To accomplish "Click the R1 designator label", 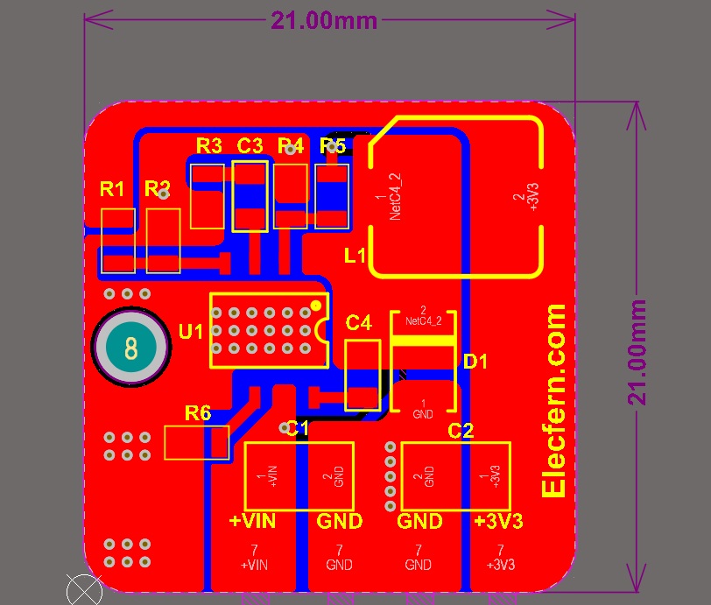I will pos(112,188).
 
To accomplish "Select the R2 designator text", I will pos(158,188).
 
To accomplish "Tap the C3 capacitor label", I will pos(250,145).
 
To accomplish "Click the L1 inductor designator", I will pos(355,256).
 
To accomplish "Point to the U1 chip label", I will pos(190,332).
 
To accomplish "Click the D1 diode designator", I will pos(475,362).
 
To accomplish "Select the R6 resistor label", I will pos(197,412).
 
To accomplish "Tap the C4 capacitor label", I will pos(359,322).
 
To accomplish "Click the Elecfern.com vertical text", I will pos(554,402).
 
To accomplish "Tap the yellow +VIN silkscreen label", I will pos(252,521).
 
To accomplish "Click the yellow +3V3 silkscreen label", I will pos(498,521).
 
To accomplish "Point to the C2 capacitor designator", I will pos(461,431).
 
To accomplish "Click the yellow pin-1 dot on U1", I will pos(315,306).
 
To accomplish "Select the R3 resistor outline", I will pos(208,194).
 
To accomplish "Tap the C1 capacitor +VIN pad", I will pos(271,476).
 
